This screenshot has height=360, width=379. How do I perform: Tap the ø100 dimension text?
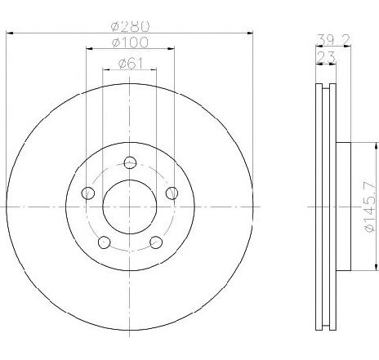[x=129, y=42]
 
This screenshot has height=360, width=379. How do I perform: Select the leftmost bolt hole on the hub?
[x=87, y=193]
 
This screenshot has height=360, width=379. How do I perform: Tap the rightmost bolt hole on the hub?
[x=171, y=193]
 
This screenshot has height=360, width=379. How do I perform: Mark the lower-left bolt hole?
[x=103, y=242]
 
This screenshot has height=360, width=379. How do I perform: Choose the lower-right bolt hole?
[x=155, y=242]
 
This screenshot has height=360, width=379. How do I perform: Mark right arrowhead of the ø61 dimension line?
[x=154, y=70]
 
